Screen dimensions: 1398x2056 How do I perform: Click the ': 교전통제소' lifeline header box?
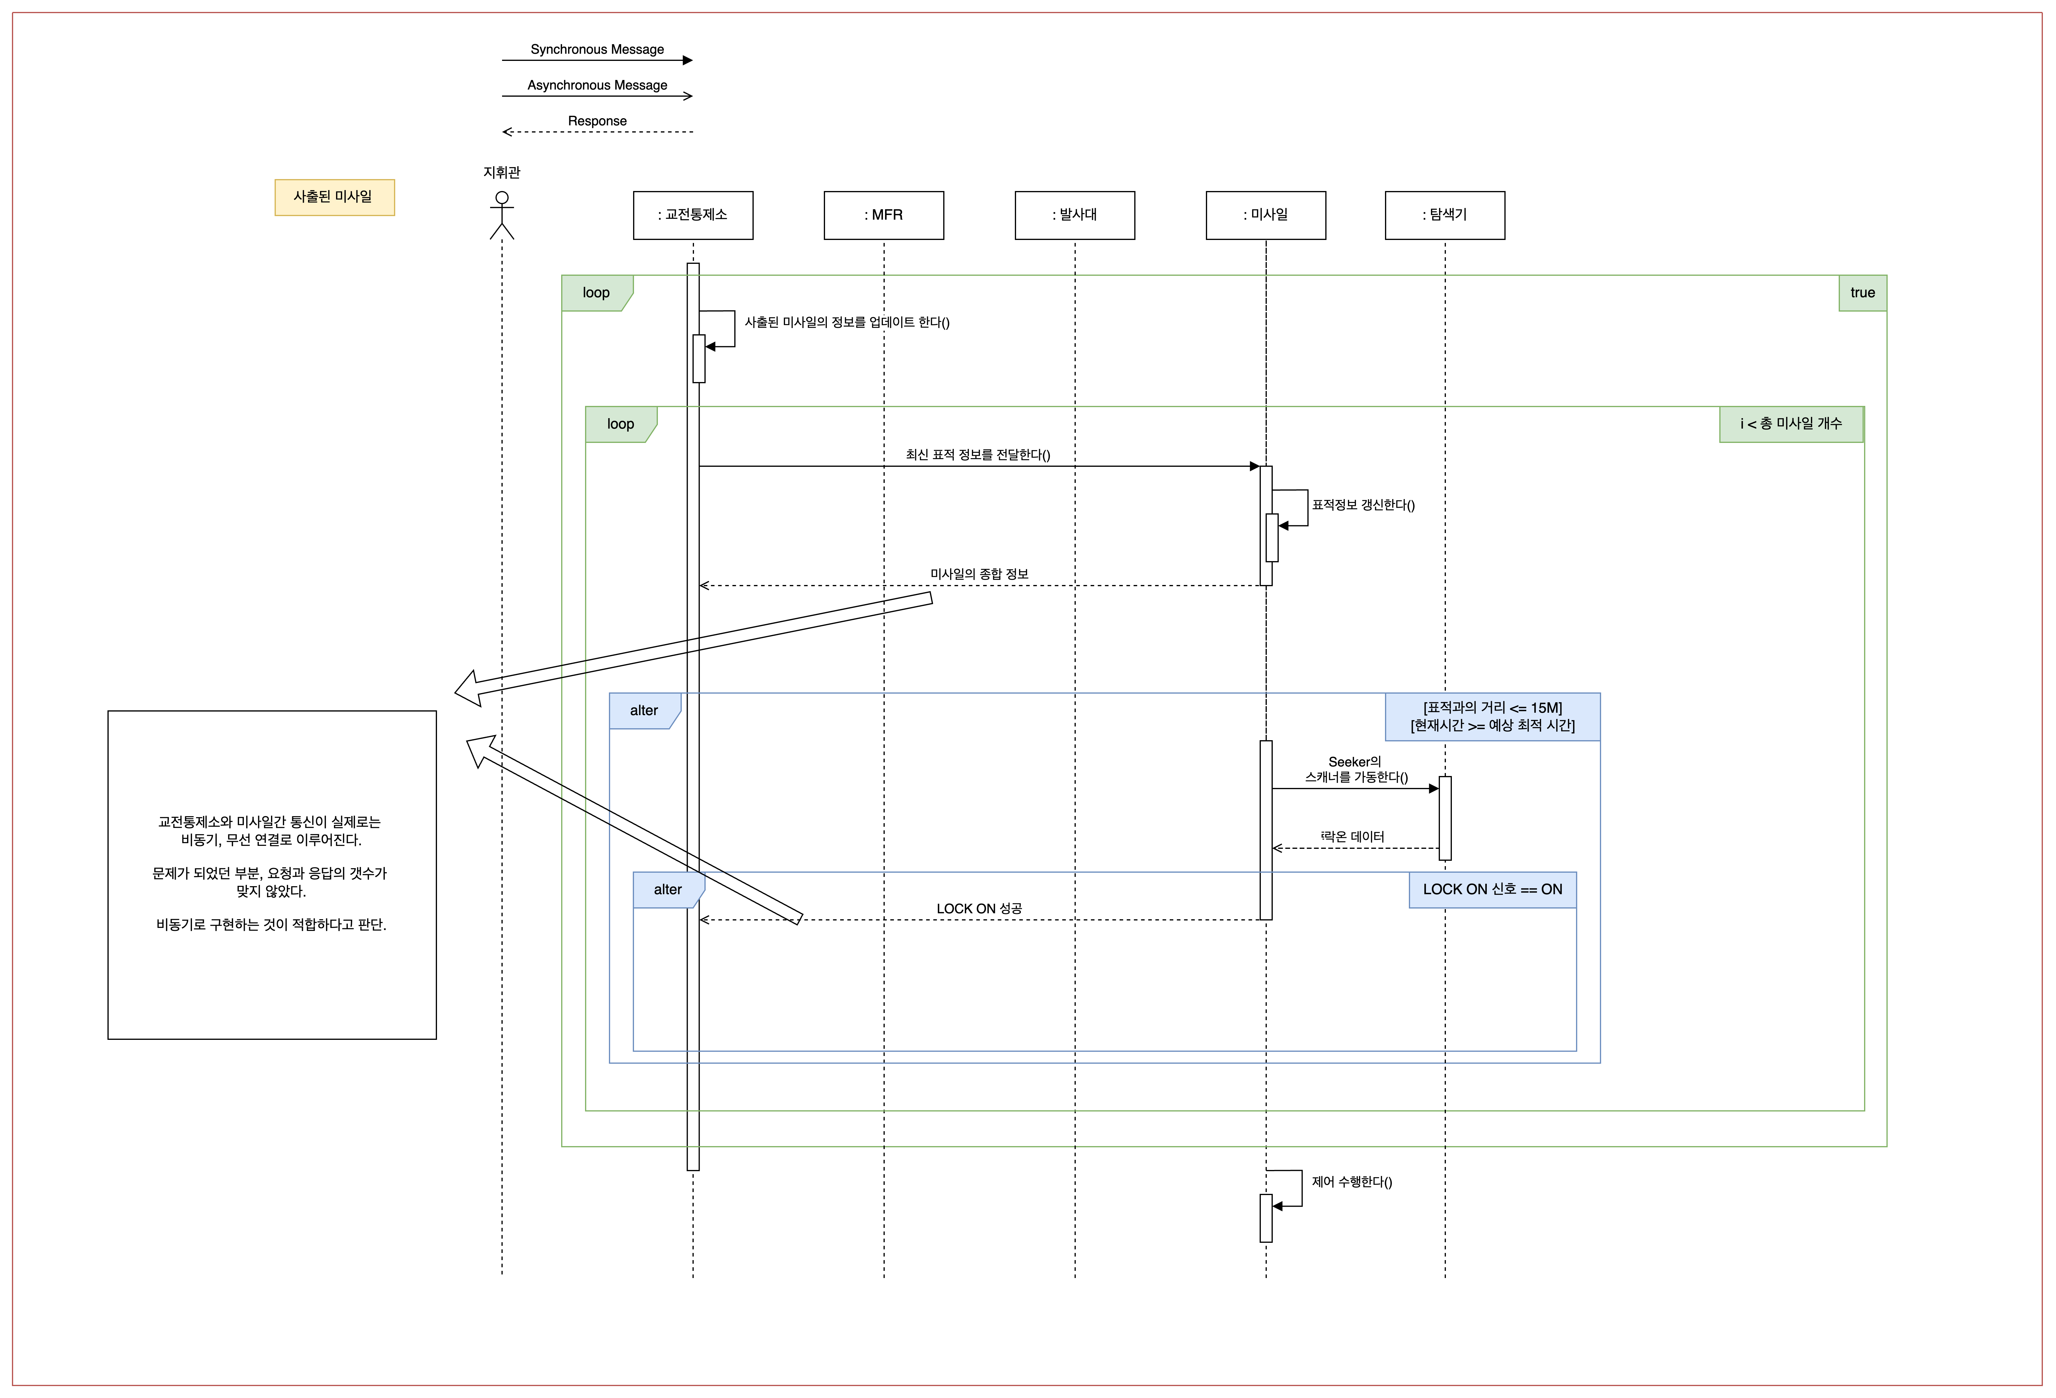[x=693, y=215]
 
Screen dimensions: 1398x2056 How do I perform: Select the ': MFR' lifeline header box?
[x=884, y=215]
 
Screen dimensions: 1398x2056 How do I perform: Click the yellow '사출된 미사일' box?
[x=334, y=197]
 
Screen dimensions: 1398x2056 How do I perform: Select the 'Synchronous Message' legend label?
[x=597, y=50]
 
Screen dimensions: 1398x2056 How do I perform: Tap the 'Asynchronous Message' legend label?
[x=597, y=85]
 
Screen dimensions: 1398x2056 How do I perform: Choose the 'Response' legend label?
[x=597, y=121]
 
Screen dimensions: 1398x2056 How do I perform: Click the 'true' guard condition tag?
[x=1862, y=293]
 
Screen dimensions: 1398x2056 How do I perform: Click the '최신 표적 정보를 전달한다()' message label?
[x=978, y=455]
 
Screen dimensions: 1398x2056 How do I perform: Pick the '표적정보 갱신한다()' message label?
[x=1363, y=505]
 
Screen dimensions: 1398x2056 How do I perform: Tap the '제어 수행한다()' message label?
[x=1351, y=1182]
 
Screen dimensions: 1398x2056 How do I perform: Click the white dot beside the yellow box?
[x=502, y=197]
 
